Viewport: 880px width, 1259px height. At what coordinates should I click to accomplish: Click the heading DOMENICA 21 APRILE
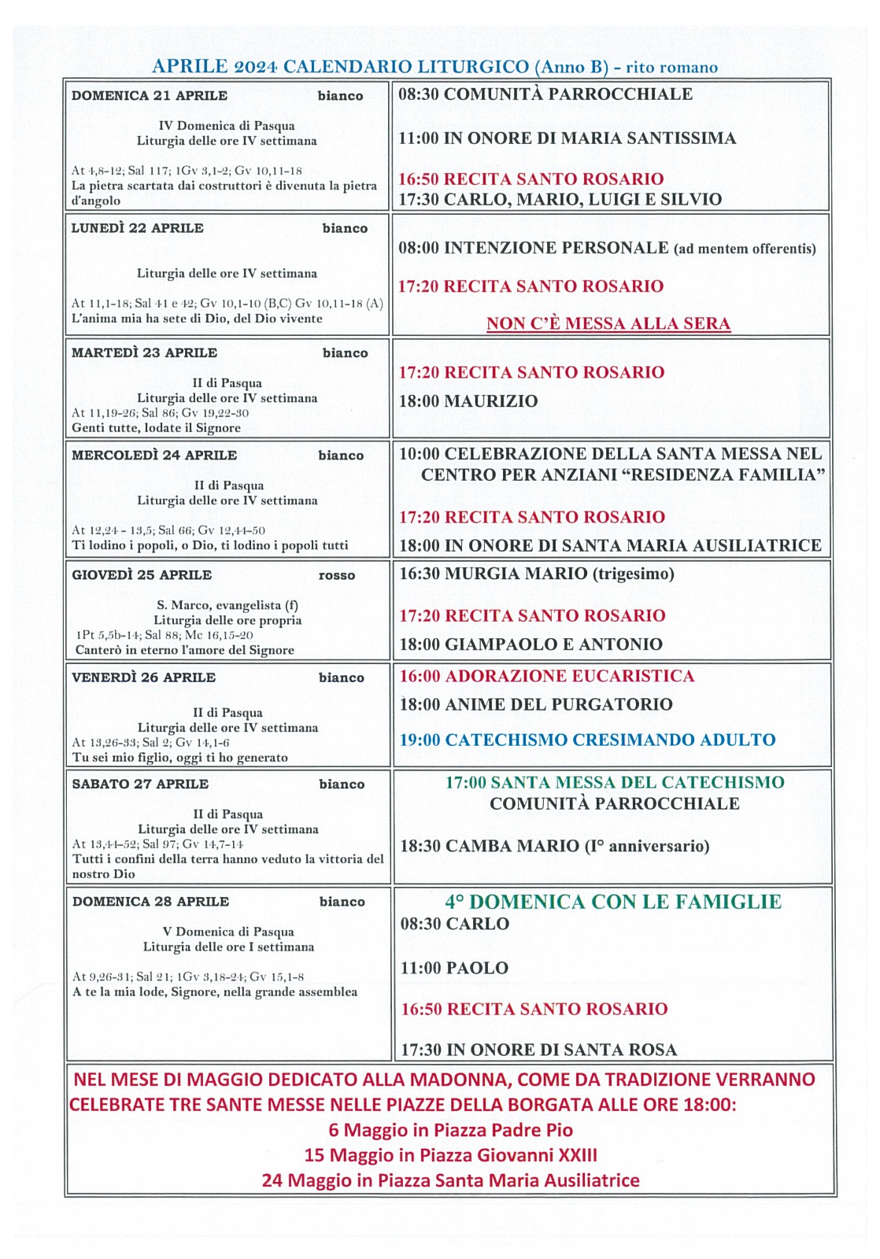click(150, 96)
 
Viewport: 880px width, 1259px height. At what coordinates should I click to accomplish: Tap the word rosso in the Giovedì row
click(337, 575)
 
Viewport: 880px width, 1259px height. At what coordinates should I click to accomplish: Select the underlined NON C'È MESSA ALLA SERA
click(608, 323)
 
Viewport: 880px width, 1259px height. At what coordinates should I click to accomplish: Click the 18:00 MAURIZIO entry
click(468, 401)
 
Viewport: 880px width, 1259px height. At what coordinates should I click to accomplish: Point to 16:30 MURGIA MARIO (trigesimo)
click(537, 574)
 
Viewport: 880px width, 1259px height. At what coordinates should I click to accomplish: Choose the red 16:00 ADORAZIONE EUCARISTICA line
click(547, 676)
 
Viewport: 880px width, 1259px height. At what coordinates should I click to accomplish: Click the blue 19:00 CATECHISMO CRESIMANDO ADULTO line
click(587, 740)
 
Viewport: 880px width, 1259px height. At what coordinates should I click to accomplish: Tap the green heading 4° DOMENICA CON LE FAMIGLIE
click(613, 902)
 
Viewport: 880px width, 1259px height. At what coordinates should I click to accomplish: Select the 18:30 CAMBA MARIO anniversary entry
click(555, 846)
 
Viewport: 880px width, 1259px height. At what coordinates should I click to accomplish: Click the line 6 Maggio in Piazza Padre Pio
click(450, 1130)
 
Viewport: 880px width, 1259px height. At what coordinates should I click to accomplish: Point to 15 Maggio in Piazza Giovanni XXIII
click(450, 1155)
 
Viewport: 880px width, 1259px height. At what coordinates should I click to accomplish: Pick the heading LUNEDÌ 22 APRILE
click(138, 228)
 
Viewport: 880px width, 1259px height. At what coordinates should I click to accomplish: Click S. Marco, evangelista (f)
click(227, 605)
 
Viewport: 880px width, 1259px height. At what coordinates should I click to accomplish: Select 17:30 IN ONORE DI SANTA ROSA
click(538, 1050)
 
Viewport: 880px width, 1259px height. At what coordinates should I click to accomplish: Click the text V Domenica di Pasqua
click(228, 932)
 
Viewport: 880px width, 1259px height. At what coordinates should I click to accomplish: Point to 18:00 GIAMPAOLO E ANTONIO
click(531, 644)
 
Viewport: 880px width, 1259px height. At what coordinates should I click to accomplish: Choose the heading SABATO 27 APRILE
click(140, 784)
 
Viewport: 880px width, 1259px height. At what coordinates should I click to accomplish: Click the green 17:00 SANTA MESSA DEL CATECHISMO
click(615, 782)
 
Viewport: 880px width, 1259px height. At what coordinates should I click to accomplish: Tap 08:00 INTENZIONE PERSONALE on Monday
click(533, 248)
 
